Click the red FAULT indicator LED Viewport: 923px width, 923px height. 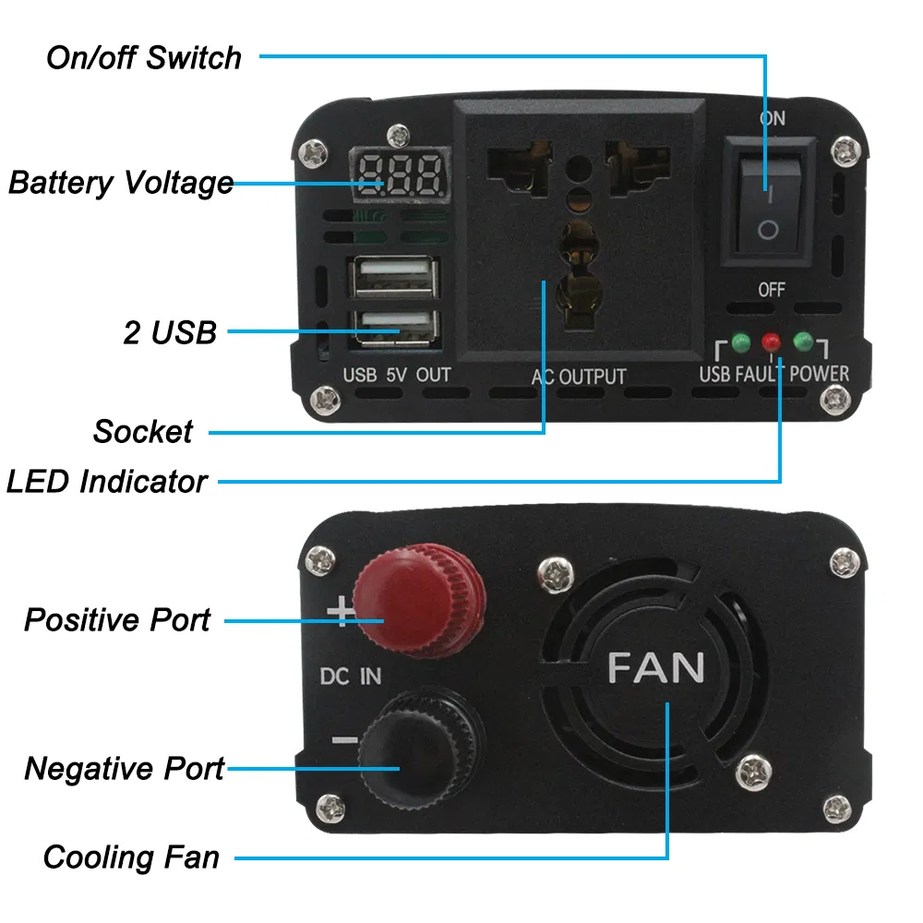(771, 343)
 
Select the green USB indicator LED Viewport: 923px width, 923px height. (740, 343)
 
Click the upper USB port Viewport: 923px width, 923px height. (391, 275)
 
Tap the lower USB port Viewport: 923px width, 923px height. (391, 325)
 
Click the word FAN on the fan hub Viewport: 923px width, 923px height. (656, 667)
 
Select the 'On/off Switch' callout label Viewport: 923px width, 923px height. (144, 57)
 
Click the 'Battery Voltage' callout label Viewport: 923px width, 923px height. (121, 182)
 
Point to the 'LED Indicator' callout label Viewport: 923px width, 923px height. (107, 481)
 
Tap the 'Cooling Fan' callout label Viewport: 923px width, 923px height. (131, 857)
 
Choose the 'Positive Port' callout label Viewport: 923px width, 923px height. (117, 619)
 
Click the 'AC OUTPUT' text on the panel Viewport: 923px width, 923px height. (579, 377)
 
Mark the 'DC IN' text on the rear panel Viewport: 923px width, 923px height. (351, 676)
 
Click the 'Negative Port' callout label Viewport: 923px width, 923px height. (124, 768)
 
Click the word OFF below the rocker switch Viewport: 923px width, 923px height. (772, 290)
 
